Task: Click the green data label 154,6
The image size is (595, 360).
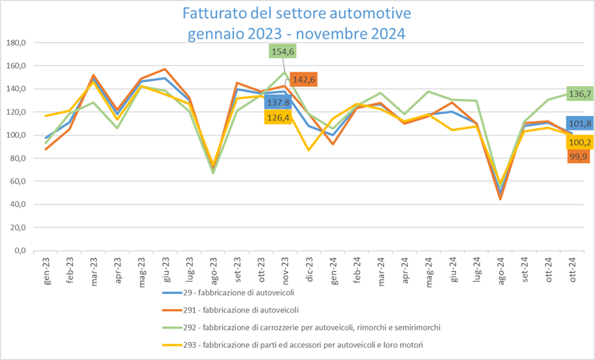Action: pos(282,52)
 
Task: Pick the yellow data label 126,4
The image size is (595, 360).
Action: pos(278,116)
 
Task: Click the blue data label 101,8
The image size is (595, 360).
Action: pos(579,123)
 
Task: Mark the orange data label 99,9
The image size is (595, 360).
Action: pos(579,156)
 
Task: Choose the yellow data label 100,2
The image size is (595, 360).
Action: pos(579,141)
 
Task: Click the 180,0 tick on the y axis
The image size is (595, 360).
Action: pos(16,43)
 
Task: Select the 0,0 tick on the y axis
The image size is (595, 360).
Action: pos(20,250)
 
